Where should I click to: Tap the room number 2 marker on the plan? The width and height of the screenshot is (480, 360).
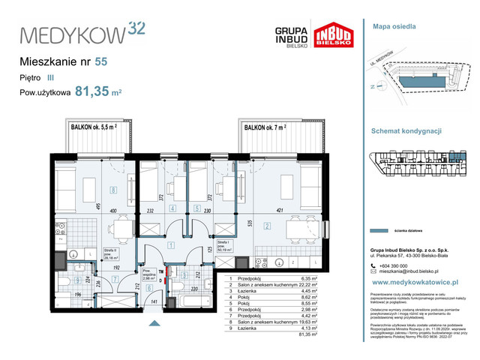pos(266,224)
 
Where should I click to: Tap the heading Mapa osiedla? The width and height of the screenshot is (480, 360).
pos(394,27)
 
